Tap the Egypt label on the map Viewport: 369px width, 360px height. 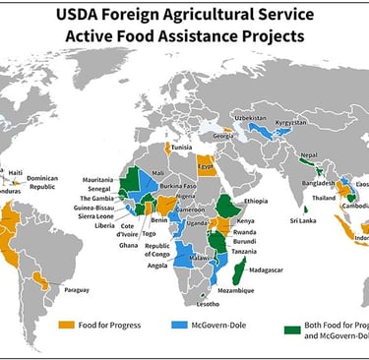pos(208,165)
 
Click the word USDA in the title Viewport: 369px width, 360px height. pos(85,16)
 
